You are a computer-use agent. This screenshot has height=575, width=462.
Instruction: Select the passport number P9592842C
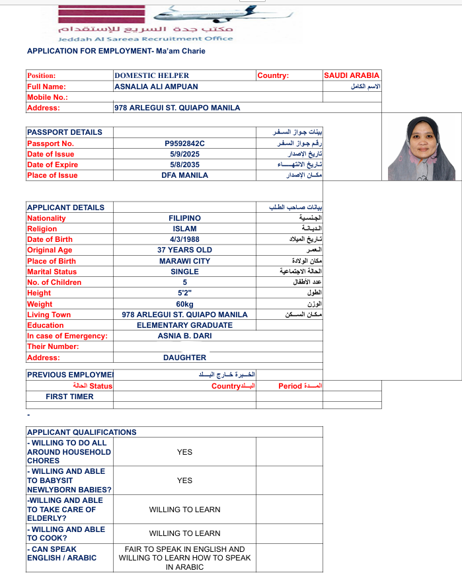coord(184,143)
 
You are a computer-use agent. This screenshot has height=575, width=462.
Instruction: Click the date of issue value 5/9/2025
coord(184,154)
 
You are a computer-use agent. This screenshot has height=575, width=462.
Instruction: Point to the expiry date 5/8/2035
coord(184,165)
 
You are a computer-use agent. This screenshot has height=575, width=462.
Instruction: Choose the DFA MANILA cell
coord(184,175)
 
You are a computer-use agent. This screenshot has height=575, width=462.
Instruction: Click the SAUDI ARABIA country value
coord(352,75)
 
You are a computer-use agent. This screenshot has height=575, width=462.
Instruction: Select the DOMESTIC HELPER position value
coord(151,75)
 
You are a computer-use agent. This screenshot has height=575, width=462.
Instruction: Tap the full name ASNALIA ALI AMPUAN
coord(156,87)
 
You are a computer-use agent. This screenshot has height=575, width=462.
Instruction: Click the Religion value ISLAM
coord(184,229)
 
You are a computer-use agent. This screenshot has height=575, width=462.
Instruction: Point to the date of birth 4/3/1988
coord(184,239)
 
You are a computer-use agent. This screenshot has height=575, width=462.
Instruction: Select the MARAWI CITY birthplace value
coord(184,261)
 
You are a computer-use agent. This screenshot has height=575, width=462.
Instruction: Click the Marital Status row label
coord(52,272)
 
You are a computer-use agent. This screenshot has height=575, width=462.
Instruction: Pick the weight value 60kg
coord(184,304)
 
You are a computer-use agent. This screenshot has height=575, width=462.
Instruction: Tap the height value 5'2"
coord(184,293)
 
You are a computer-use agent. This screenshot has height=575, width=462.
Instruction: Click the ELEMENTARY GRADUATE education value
coord(184,325)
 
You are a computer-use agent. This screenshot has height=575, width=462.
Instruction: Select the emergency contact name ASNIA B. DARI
coord(184,336)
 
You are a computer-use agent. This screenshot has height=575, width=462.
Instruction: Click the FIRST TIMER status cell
coord(69,397)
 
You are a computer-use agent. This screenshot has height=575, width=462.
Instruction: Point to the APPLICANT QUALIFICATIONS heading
coord(81,432)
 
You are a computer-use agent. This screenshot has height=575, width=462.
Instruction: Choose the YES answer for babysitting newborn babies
coord(184,480)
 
